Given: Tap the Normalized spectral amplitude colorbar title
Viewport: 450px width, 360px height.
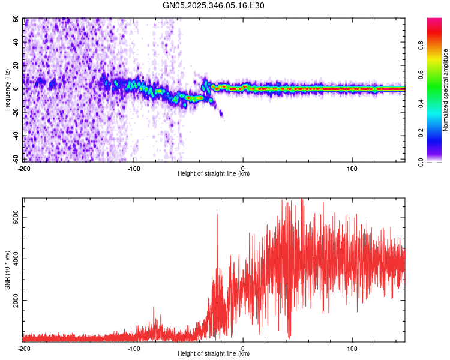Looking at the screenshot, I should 446,90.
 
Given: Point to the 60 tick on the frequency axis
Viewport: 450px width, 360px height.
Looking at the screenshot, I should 16,19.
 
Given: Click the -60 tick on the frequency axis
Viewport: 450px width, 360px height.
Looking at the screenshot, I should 14,159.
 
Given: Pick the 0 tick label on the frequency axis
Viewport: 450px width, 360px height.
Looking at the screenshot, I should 17,89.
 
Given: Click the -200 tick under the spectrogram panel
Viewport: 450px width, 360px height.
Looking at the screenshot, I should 24,168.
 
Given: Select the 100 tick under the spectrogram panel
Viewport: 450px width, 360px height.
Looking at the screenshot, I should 352,168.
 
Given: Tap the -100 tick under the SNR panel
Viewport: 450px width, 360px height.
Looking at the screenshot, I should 133,348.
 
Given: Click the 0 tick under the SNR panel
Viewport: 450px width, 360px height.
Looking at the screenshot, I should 243,348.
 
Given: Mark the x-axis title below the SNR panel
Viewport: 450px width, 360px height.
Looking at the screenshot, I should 214,354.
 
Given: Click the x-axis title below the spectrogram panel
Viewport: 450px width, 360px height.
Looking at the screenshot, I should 214,174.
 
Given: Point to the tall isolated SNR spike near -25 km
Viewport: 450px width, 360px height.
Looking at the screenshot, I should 217,211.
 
